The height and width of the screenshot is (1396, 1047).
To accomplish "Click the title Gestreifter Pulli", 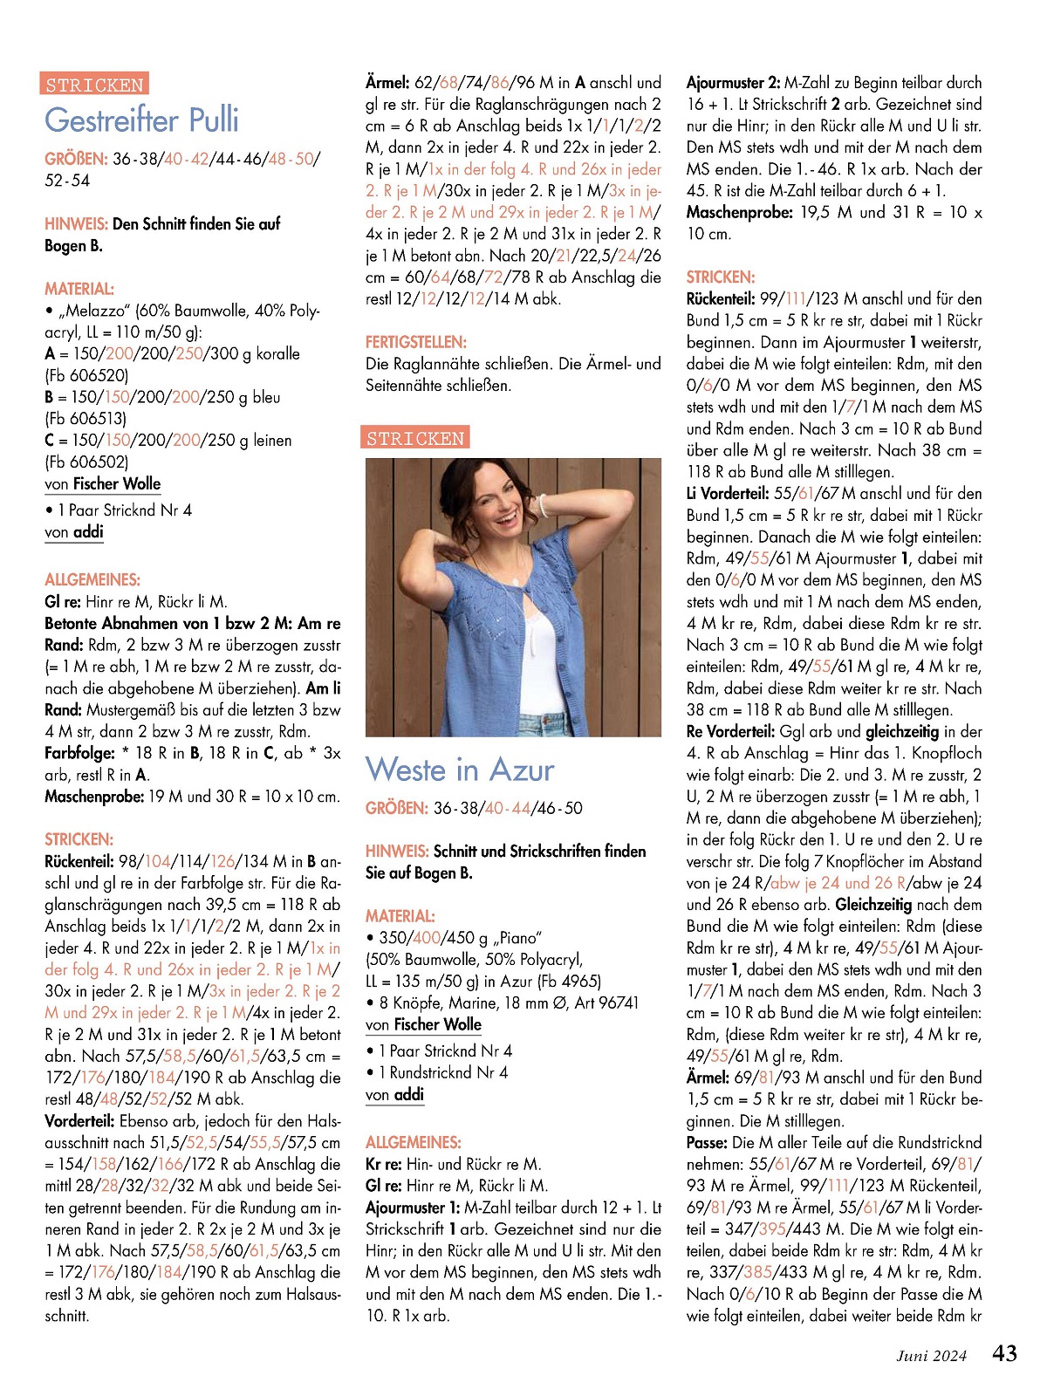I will [x=141, y=120].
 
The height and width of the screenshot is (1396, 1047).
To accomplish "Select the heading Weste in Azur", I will [x=460, y=770].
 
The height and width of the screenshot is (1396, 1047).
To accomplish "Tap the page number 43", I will [x=1004, y=1353].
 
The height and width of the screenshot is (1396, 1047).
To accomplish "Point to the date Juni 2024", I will [x=931, y=1356].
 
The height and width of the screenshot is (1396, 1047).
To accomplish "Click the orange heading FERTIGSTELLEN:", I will [x=416, y=342].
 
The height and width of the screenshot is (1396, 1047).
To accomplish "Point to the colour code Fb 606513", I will [x=86, y=419].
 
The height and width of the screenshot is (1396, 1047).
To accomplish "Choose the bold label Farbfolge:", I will [x=79, y=753].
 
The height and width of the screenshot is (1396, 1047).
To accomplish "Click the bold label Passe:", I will [x=707, y=1143].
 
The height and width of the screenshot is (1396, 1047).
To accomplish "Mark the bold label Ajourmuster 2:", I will [x=733, y=83].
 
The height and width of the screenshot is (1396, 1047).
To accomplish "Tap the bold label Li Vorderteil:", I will [x=728, y=494].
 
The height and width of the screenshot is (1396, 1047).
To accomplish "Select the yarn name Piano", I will [x=521, y=939].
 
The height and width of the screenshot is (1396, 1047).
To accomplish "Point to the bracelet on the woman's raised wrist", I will [x=543, y=505].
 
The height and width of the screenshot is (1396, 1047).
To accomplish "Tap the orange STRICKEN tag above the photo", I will [x=415, y=438].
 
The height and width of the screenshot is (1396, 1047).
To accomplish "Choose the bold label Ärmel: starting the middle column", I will [x=387, y=83].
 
